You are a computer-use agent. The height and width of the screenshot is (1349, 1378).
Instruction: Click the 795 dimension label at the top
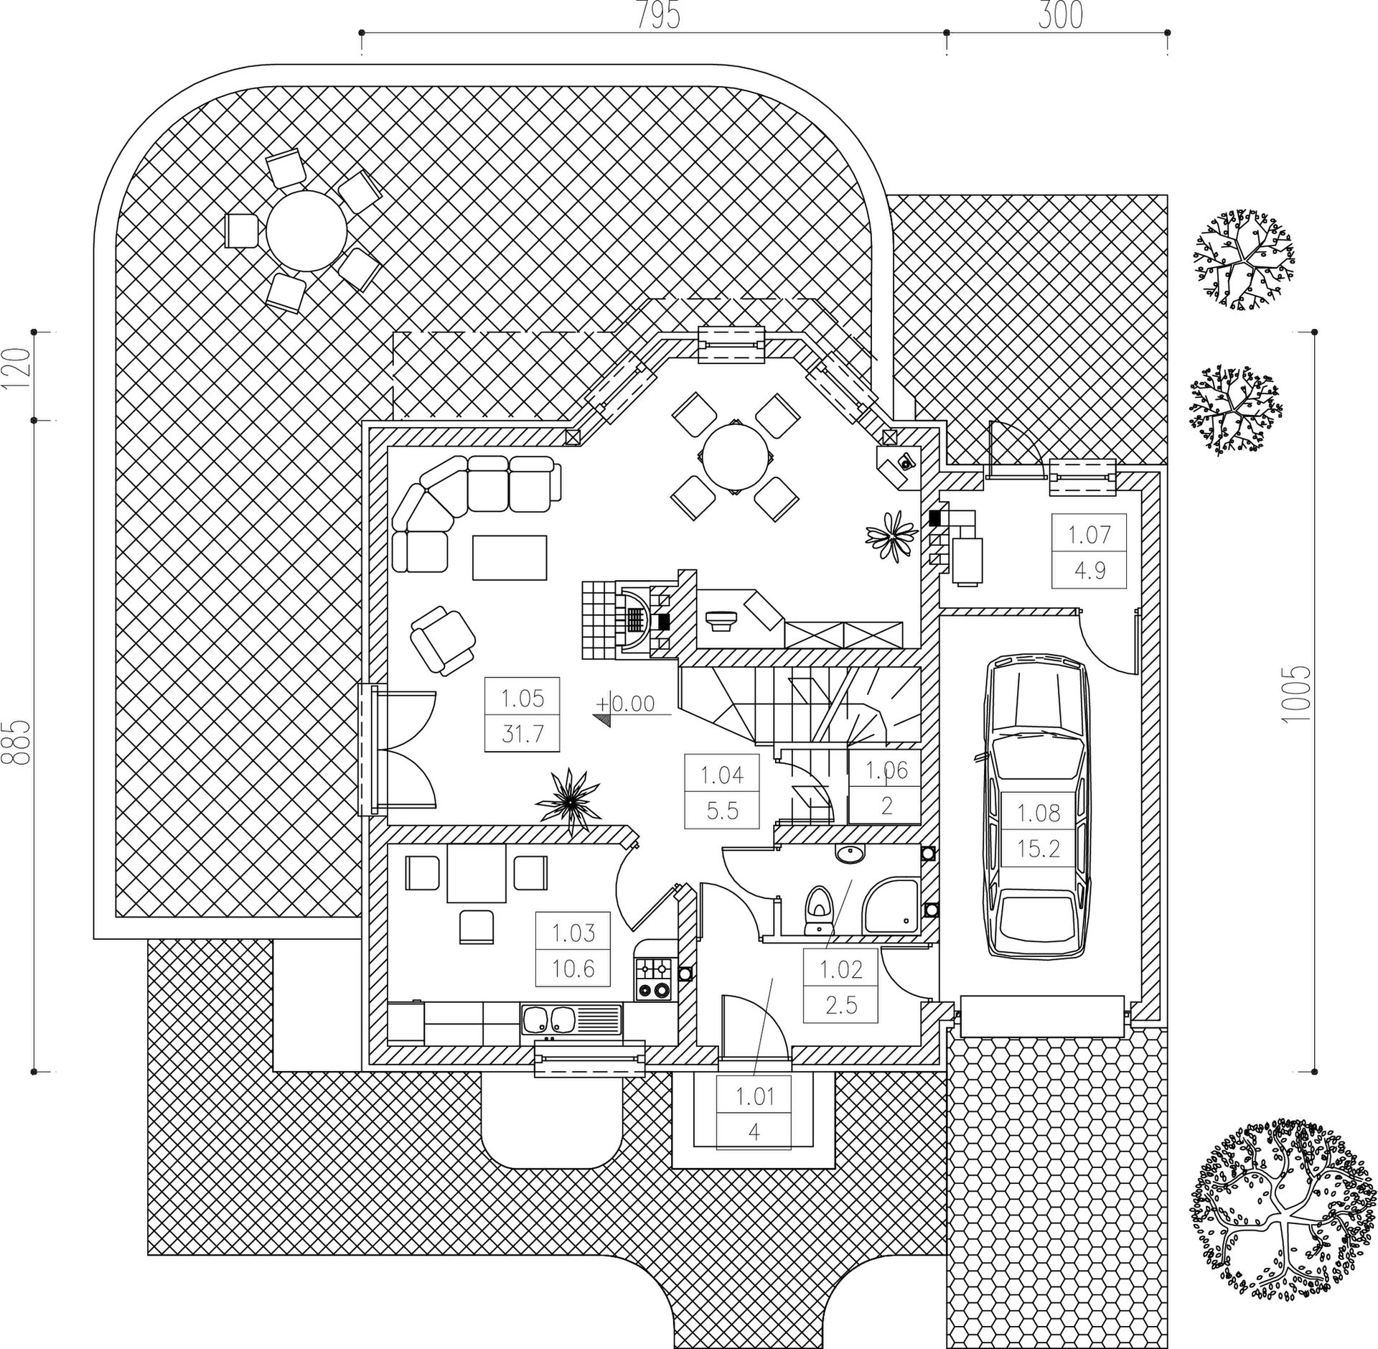pos(658,16)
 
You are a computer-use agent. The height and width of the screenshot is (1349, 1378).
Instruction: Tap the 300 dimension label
pos(1060,16)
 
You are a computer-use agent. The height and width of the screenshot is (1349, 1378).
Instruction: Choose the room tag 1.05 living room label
pos(522,698)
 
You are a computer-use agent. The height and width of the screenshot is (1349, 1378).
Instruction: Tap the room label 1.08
pos(1039,813)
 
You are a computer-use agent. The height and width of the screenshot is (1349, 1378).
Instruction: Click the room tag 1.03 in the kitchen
pos(573,933)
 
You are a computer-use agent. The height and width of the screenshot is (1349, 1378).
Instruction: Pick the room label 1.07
pos(1089,534)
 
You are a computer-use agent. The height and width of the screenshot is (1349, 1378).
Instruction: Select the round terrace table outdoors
pos(306,230)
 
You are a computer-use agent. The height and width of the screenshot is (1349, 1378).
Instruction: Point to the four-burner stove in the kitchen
pos(653,978)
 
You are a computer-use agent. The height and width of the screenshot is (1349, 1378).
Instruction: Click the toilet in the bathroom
pos(817,908)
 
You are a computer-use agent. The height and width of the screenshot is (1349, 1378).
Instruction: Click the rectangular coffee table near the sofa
pos(510,557)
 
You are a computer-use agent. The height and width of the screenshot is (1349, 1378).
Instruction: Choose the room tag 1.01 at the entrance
pos(754,1096)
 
